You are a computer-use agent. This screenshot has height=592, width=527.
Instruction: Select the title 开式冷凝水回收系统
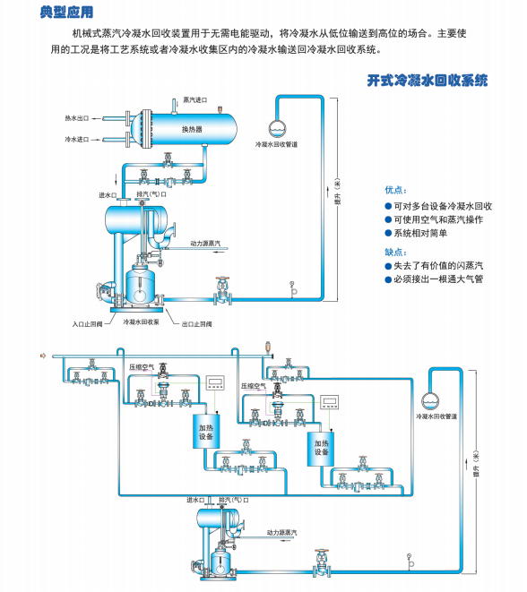click(428, 81)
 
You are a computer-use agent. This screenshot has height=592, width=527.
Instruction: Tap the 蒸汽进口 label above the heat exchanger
click(194, 99)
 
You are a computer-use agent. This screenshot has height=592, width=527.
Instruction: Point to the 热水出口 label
click(77, 118)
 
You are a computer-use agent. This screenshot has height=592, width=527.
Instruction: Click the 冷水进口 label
click(77, 140)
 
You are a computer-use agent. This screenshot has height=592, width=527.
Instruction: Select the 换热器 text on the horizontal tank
click(192, 130)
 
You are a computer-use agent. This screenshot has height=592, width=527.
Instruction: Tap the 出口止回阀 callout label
click(196, 323)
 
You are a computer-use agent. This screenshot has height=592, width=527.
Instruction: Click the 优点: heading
click(395, 190)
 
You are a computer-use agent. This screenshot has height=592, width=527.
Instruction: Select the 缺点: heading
click(395, 252)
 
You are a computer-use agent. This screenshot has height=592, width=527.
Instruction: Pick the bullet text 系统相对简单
click(424, 233)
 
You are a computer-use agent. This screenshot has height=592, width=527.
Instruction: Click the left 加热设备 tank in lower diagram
click(206, 433)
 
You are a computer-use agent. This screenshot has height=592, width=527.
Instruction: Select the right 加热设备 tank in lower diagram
click(320, 446)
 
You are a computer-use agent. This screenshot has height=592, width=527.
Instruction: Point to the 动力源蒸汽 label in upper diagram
click(208, 243)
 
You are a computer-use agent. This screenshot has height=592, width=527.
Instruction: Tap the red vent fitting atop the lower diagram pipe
click(266, 346)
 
